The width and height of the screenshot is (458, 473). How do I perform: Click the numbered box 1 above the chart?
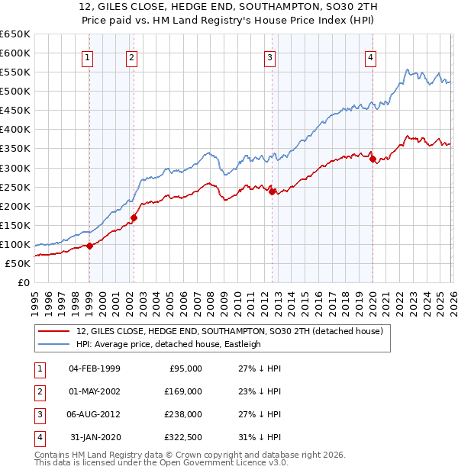pos(88,57)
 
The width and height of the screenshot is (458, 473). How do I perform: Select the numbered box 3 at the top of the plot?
pos(269,57)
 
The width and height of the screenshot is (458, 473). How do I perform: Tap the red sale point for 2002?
pos(134,217)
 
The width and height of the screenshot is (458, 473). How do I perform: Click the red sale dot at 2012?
pos(273,191)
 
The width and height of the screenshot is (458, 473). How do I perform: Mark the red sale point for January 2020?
pos(373,159)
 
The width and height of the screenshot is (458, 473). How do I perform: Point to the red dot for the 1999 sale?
pos(89,246)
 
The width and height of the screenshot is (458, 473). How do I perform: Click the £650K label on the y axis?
pos(15,34)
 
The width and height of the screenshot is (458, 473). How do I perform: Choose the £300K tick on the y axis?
pos(15,168)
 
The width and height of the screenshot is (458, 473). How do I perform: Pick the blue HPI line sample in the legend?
pos(55,344)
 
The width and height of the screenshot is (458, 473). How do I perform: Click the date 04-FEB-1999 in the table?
pos(95,368)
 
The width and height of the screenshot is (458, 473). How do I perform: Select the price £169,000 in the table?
pos(183,391)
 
